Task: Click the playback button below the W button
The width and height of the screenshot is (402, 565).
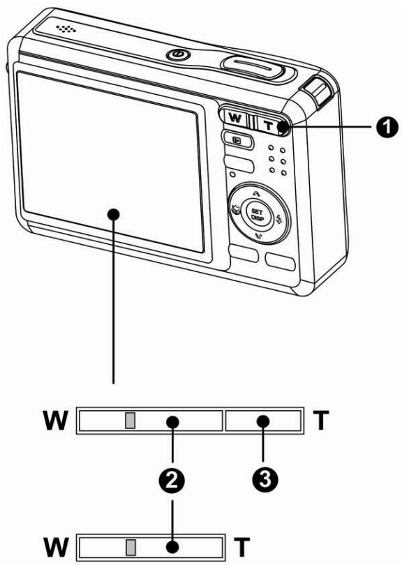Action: point(233,140)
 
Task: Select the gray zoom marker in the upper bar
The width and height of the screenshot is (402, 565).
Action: point(130,419)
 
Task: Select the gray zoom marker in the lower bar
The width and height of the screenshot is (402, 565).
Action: point(130,543)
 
